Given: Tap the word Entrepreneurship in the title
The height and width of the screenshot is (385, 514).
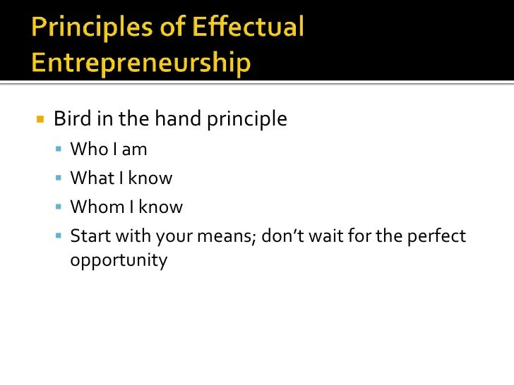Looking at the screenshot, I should click(141, 63).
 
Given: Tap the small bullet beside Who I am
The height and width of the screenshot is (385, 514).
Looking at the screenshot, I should click(59, 149).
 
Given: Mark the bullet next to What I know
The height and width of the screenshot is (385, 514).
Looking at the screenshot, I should click(59, 178).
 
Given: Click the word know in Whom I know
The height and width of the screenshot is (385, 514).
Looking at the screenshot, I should click(160, 207).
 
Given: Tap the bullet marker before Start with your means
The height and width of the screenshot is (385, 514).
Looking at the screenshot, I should click(59, 236).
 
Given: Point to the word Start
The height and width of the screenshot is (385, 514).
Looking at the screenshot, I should click(89, 236).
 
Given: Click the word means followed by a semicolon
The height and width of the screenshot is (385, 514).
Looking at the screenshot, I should click(230, 236).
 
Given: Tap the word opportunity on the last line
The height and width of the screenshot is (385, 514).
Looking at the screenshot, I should click(119, 261).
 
